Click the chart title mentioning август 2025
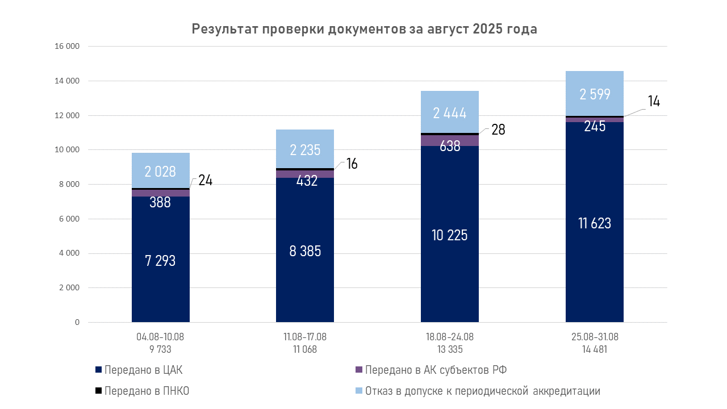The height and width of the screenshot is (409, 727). tap(364, 29)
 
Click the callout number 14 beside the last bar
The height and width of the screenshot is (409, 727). tap(654, 102)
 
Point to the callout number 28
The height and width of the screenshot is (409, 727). tap(498, 130)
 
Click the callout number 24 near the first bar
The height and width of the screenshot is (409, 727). tap(204, 180)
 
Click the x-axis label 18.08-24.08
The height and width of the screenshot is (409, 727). tap(450, 337)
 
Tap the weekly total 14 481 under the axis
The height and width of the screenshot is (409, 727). tap(595, 349)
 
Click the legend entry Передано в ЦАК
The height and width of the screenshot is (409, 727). tap(143, 370)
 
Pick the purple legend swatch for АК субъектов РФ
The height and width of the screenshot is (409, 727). tap(358, 370)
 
